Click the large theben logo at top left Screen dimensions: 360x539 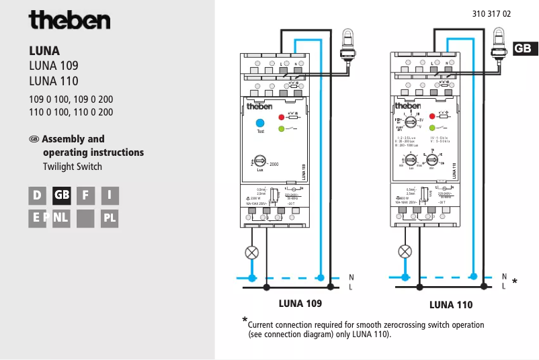(69, 20)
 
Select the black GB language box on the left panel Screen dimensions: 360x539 (62, 195)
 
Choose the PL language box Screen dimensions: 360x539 (110, 218)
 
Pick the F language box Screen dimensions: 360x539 (85, 195)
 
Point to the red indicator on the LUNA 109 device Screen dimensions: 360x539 (282, 116)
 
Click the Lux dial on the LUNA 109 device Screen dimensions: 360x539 (259, 162)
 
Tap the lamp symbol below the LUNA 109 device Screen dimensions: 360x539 (252, 253)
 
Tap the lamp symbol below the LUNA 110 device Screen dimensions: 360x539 (405, 251)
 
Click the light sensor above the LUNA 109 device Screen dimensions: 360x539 (347, 46)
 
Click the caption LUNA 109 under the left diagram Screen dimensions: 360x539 (300, 304)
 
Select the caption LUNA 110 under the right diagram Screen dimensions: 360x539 (451, 305)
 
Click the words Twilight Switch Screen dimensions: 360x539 (72, 167)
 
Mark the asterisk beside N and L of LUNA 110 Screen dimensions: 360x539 (514, 281)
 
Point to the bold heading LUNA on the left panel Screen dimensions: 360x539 (44, 51)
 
